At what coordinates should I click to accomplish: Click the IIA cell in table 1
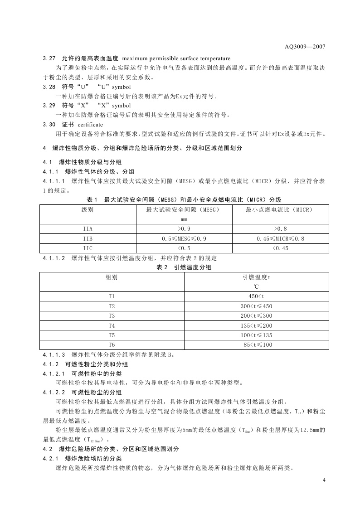click(x=88, y=229)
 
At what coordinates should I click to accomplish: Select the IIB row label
click(x=88, y=238)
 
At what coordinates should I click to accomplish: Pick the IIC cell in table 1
click(x=88, y=248)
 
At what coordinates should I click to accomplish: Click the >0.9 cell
click(x=184, y=229)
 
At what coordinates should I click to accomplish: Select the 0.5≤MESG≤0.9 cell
click(x=184, y=238)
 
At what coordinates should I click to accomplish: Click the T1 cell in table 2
click(x=112, y=296)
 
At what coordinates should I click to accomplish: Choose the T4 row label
click(x=112, y=325)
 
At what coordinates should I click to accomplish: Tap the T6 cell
click(x=112, y=345)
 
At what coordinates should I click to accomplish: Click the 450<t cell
click(x=256, y=296)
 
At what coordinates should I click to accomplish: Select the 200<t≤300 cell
click(x=256, y=316)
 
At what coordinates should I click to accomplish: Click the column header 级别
click(x=88, y=210)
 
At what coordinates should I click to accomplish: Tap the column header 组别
click(x=112, y=277)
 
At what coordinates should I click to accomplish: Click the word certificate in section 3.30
click(x=90, y=124)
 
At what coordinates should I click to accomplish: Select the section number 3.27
click(x=49, y=58)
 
